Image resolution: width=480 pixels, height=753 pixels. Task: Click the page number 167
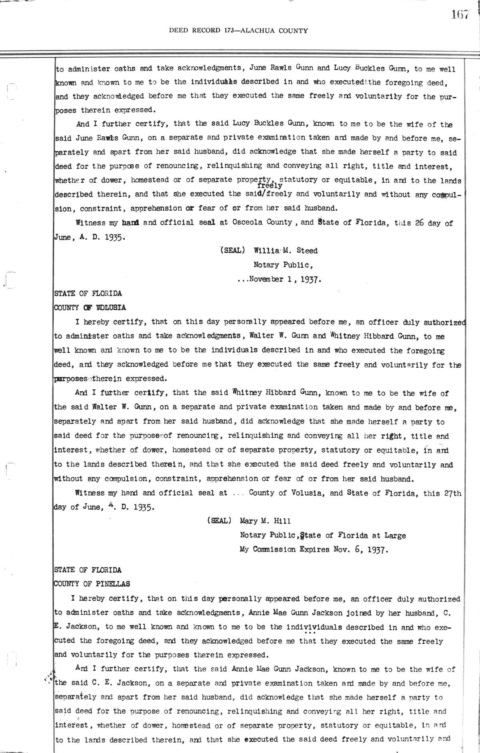click(x=460, y=15)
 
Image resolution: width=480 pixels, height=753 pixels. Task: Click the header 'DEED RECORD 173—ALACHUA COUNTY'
click(x=238, y=30)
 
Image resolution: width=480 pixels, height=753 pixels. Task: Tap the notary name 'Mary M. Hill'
click(x=265, y=521)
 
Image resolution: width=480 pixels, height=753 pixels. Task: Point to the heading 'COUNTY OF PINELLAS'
click(x=92, y=584)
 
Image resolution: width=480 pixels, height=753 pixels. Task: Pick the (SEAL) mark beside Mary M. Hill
click(x=218, y=521)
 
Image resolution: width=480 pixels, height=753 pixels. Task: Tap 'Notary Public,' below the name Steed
click(x=283, y=265)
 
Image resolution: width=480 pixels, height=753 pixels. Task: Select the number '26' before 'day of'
click(x=419, y=223)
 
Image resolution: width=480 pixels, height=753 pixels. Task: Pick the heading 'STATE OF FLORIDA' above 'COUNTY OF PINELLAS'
click(x=88, y=570)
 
